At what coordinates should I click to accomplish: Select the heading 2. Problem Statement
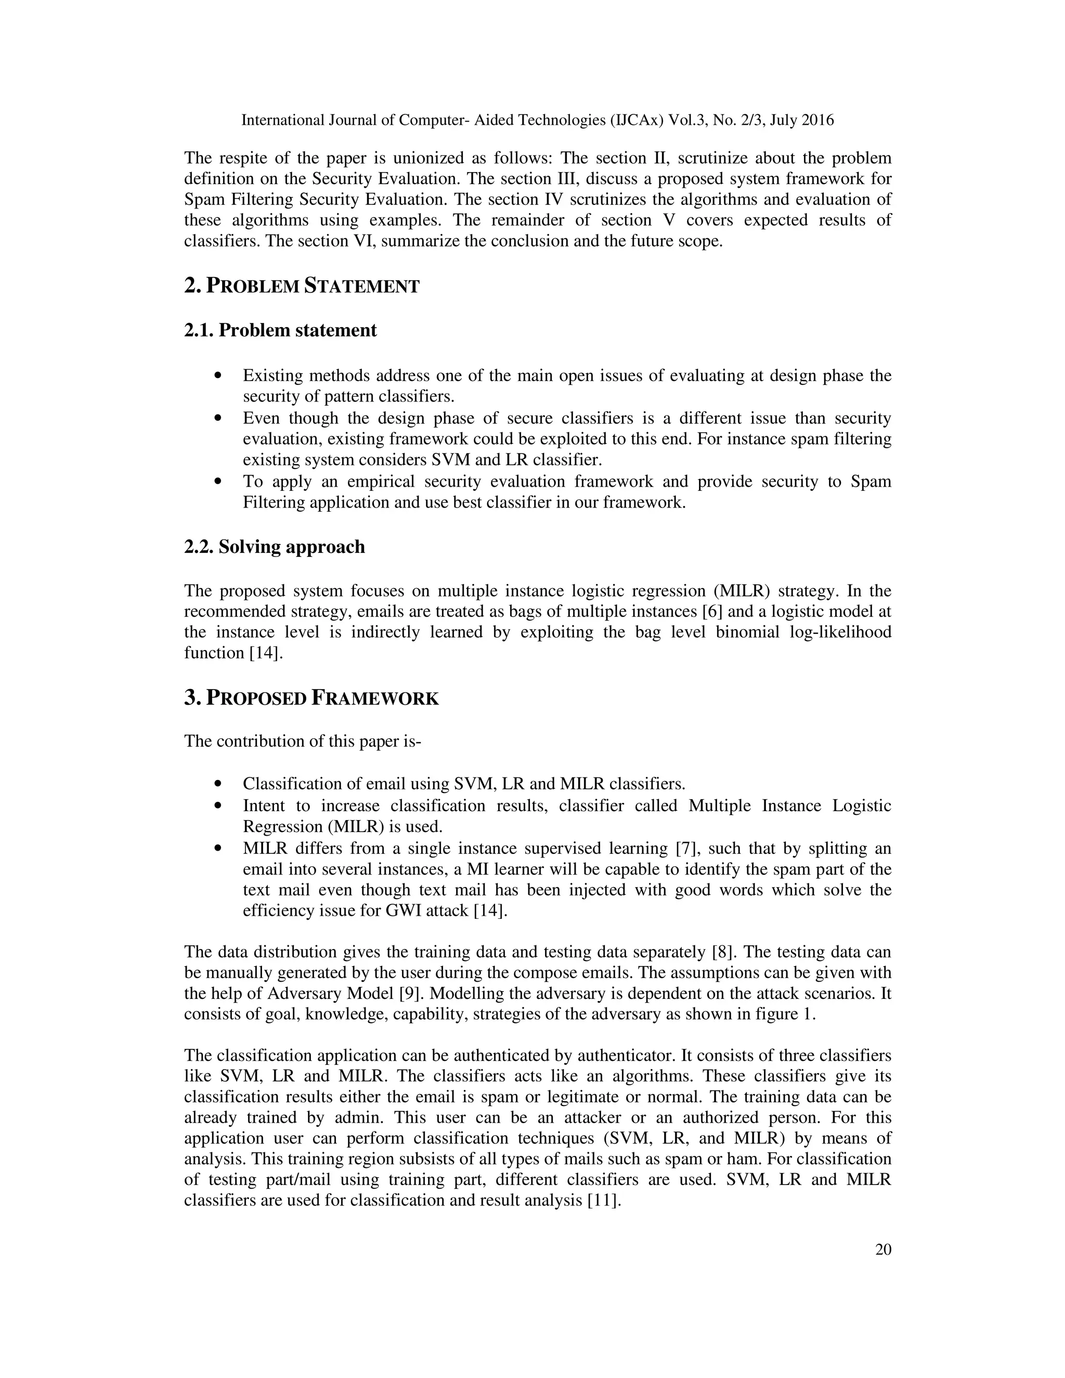point(302,286)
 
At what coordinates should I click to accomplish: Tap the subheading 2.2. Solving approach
point(275,547)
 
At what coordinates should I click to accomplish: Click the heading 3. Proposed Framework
point(311,698)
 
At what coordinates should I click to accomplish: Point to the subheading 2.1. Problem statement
point(280,330)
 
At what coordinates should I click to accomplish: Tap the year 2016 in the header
point(817,120)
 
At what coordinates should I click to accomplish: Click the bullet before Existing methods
point(218,376)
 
